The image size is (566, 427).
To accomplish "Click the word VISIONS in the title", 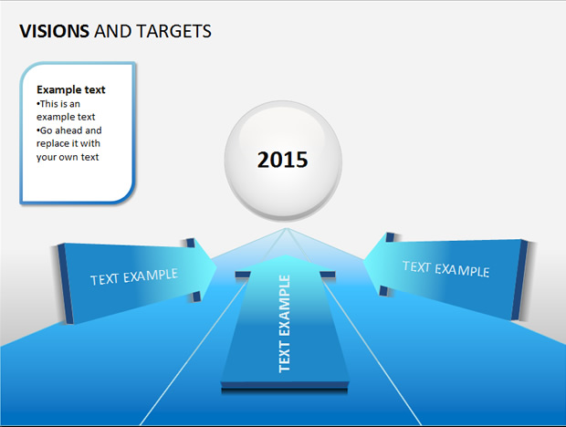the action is tap(54, 31).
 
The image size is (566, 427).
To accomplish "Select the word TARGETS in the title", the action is tap(174, 31).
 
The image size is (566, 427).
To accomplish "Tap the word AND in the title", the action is tap(113, 31).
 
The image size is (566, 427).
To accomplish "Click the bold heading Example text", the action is tap(71, 89).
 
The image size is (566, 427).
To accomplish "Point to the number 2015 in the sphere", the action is tap(282, 160).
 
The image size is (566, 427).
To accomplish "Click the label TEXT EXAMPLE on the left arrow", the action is tap(134, 277).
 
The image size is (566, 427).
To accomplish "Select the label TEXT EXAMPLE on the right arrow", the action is tap(445, 269).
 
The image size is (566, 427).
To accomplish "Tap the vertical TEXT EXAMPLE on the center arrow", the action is tap(284, 324).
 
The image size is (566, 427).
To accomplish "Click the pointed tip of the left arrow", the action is tap(216, 267).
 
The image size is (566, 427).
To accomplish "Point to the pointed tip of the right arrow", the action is tap(364, 260).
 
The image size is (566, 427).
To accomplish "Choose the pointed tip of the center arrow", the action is tap(285, 255).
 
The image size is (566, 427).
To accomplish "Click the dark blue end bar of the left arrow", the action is tap(66, 284).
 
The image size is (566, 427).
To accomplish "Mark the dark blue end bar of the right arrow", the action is tap(519, 280).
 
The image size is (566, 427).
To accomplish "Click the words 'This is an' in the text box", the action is tap(58, 104).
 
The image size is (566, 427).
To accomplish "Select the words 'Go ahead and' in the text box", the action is tap(69, 130).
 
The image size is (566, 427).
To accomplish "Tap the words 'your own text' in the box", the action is tap(68, 157).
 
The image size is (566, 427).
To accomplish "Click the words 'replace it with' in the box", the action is tap(68, 143).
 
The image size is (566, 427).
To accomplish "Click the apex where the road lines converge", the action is tap(287, 228).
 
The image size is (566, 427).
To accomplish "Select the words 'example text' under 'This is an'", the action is tap(66, 117).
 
